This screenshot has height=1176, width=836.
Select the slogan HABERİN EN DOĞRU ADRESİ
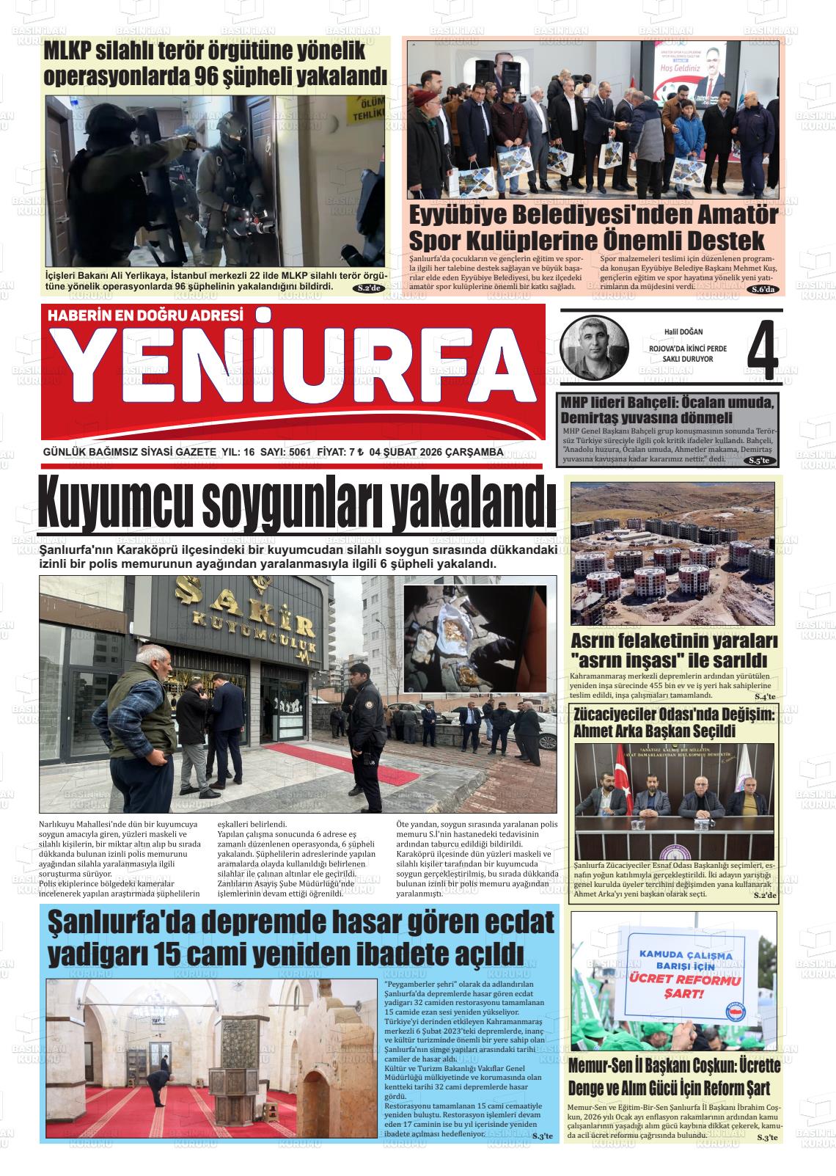click(x=144, y=315)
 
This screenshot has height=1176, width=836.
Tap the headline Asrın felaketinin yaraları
click(x=673, y=640)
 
